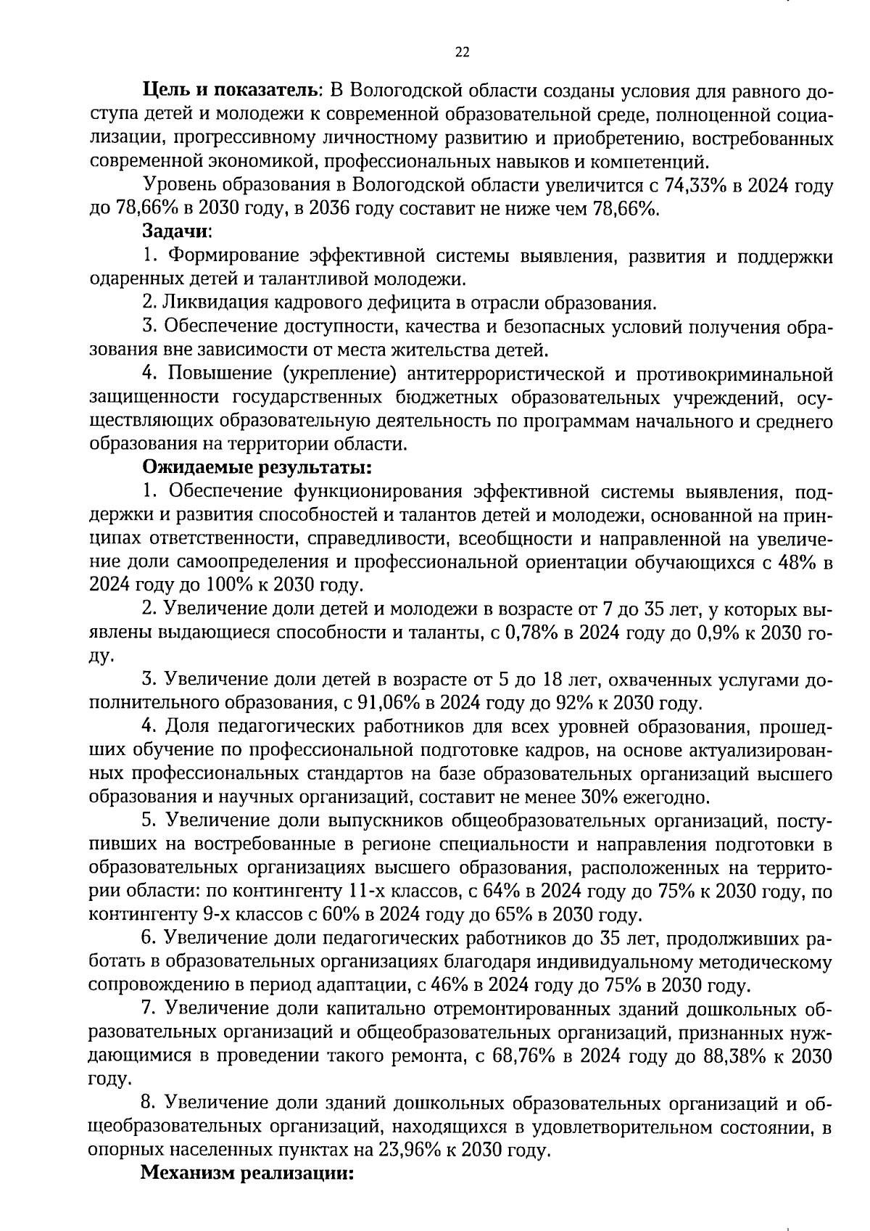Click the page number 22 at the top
pos(462,52)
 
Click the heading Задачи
pos(177,232)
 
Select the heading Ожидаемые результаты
pos(258,468)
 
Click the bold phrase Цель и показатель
pos(231,91)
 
